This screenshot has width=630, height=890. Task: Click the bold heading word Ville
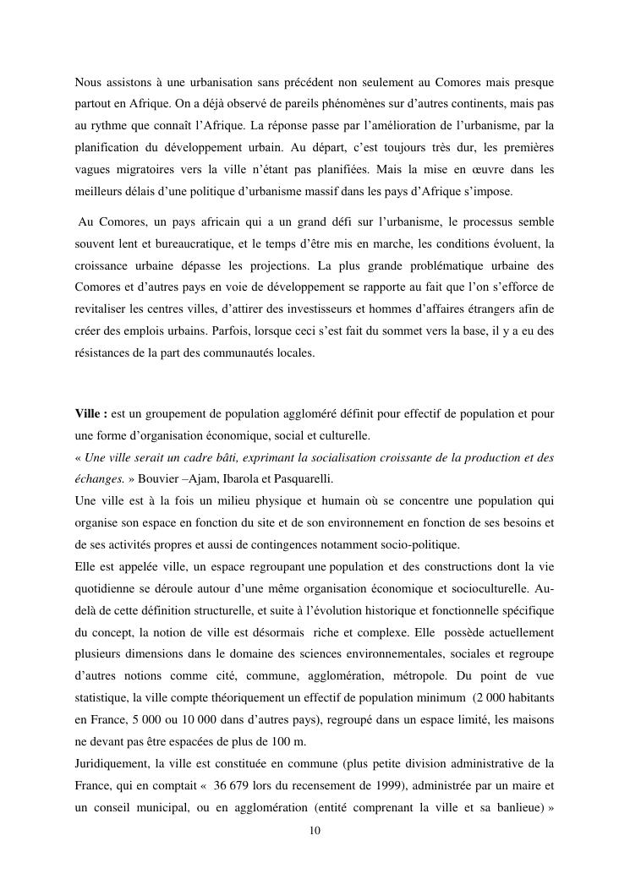[x=89, y=413]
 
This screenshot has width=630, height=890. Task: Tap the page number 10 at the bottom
[x=315, y=830]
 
